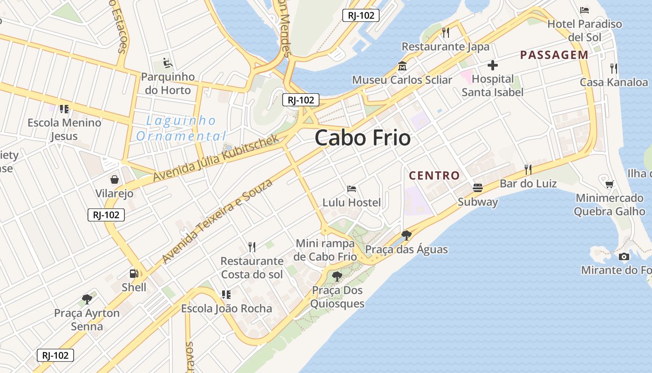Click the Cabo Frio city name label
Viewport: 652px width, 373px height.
[362, 138]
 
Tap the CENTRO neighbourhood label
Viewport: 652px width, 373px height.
[434, 176]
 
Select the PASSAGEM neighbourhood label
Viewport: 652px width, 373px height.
[554, 55]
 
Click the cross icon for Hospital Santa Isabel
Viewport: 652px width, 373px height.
[492, 65]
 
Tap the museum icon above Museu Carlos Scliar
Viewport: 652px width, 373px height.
[402, 66]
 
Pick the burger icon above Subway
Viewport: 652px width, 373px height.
[477, 188]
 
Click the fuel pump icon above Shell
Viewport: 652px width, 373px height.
[134, 274]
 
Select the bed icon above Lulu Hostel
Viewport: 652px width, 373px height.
[352, 189]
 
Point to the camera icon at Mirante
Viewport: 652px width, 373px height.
[624, 256]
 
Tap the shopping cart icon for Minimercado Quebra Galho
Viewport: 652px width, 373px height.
[609, 184]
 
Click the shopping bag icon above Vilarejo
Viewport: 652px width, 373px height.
[114, 180]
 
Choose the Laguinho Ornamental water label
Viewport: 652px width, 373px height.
[181, 128]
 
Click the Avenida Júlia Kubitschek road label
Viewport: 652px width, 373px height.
[216, 158]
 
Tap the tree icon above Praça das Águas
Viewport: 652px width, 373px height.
[406, 235]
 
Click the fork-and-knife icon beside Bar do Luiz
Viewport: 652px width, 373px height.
[528, 169]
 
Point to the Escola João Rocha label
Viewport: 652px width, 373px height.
[226, 309]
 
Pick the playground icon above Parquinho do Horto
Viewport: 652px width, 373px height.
[167, 63]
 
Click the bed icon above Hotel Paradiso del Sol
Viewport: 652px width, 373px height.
[584, 10]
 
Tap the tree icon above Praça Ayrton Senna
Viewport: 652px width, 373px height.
[87, 299]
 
